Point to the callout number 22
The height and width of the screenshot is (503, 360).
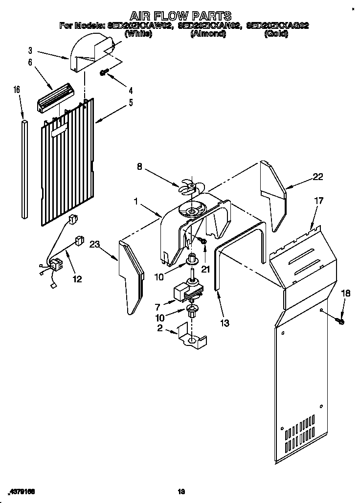point(318,177)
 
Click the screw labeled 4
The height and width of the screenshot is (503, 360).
point(104,72)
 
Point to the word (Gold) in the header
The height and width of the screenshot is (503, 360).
point(276,34)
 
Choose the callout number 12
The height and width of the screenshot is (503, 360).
point(77,279)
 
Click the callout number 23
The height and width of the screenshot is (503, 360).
point(95,248)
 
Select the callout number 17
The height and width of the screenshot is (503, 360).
point(318,200)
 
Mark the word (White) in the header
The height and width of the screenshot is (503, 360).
point(138,34)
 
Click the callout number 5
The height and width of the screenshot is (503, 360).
point(131,103)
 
